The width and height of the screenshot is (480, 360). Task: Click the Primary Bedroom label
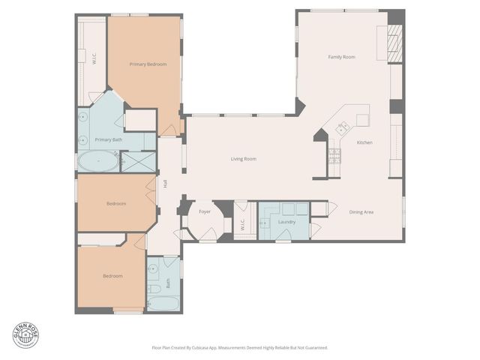tap(148, 64)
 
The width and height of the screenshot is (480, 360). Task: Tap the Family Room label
tap(341, 57)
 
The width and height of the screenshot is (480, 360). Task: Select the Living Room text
tap(243, 158)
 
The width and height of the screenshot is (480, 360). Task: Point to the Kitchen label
tap(364, 142)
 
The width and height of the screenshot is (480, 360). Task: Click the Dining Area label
tap(361, 211)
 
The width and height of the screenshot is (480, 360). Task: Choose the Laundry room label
tap(286, 222)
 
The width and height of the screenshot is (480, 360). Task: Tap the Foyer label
tap(204, 212)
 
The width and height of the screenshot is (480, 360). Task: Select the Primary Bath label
tap(108, 139)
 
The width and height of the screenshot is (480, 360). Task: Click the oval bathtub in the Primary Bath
tap(97, 161)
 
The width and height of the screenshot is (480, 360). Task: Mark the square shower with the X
tap(138, 162)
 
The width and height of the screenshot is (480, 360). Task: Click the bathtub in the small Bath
tap(163, 303)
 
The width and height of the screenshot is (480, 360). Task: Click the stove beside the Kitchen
tap(335, 155)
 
